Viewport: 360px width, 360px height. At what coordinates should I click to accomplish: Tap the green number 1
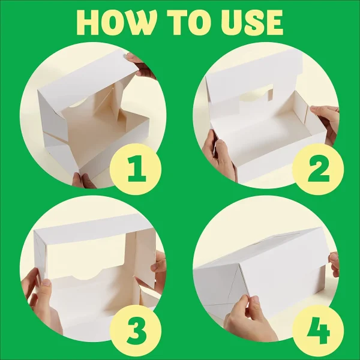click(x=137, y=169)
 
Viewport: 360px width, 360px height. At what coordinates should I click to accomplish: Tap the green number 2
click(x=319, y=169)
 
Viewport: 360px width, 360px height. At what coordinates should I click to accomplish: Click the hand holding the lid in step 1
click(x=142, y=66)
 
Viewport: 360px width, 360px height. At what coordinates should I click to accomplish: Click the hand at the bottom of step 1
click(x=83, y=181)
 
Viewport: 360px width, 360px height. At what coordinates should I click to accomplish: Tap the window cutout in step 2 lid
click(x=256, y=93)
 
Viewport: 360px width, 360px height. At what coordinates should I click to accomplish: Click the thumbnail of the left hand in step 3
click(x=47, y=282)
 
